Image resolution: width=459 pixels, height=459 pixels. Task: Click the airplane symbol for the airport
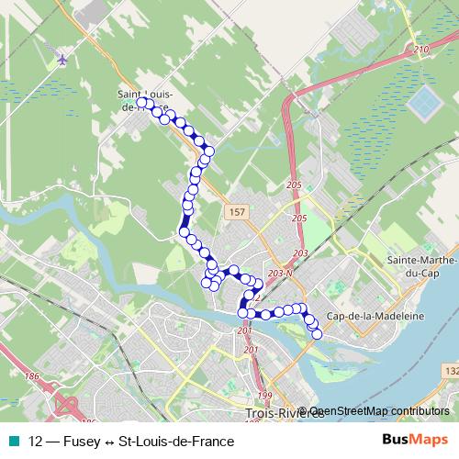[x=62, y=60]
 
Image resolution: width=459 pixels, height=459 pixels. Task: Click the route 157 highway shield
[x=237, y=211]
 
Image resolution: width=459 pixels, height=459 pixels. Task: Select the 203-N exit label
[x=282, y=274]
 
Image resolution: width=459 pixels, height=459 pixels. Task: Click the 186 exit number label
[x=33, y=376]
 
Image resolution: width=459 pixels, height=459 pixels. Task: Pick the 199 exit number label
[x=265, y=397]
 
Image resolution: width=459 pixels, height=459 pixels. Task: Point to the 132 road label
[x=449, y=370]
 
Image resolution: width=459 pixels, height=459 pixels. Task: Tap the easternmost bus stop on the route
[x=318, y=334]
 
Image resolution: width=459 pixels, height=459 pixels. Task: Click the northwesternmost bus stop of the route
[x=141, y=104]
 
